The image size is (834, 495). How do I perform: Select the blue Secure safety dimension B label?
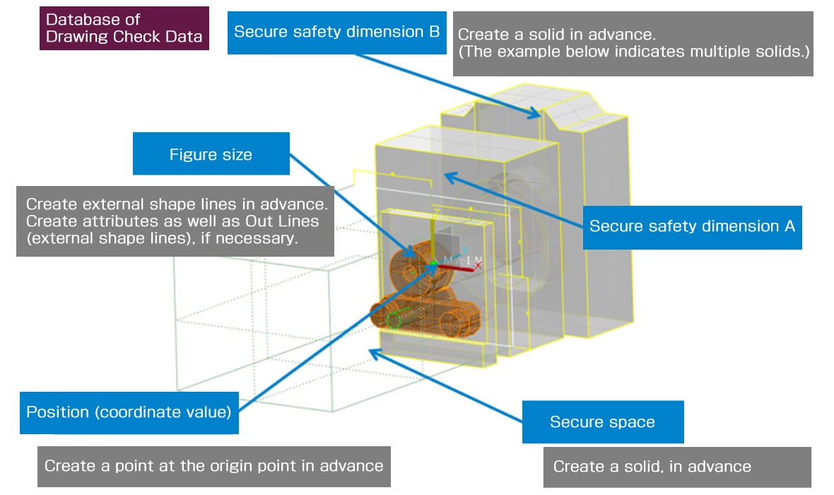[x=336, y=32]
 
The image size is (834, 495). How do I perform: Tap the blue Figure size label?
[x=211, y=154]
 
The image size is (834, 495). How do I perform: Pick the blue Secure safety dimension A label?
[x=692, y=226]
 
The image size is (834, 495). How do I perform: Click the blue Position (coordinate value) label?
[x=129, y=412]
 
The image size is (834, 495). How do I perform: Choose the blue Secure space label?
[x=602, y=422]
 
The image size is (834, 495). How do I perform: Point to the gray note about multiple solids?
[x=633, y=43]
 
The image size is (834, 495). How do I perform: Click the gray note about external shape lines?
[x=175, y=221]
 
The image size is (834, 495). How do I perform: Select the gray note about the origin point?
[x=213, y=466]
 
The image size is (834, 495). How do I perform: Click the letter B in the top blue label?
[x=434, y=32]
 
